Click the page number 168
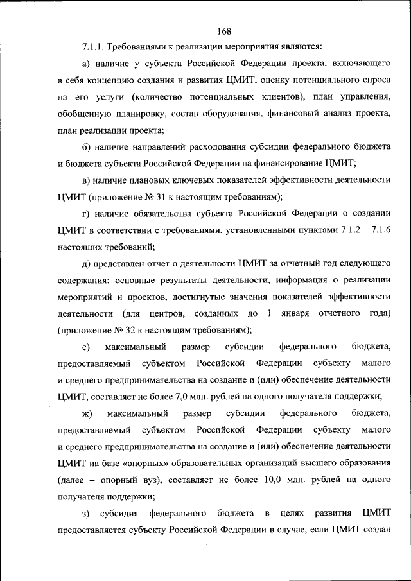point(224,30)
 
